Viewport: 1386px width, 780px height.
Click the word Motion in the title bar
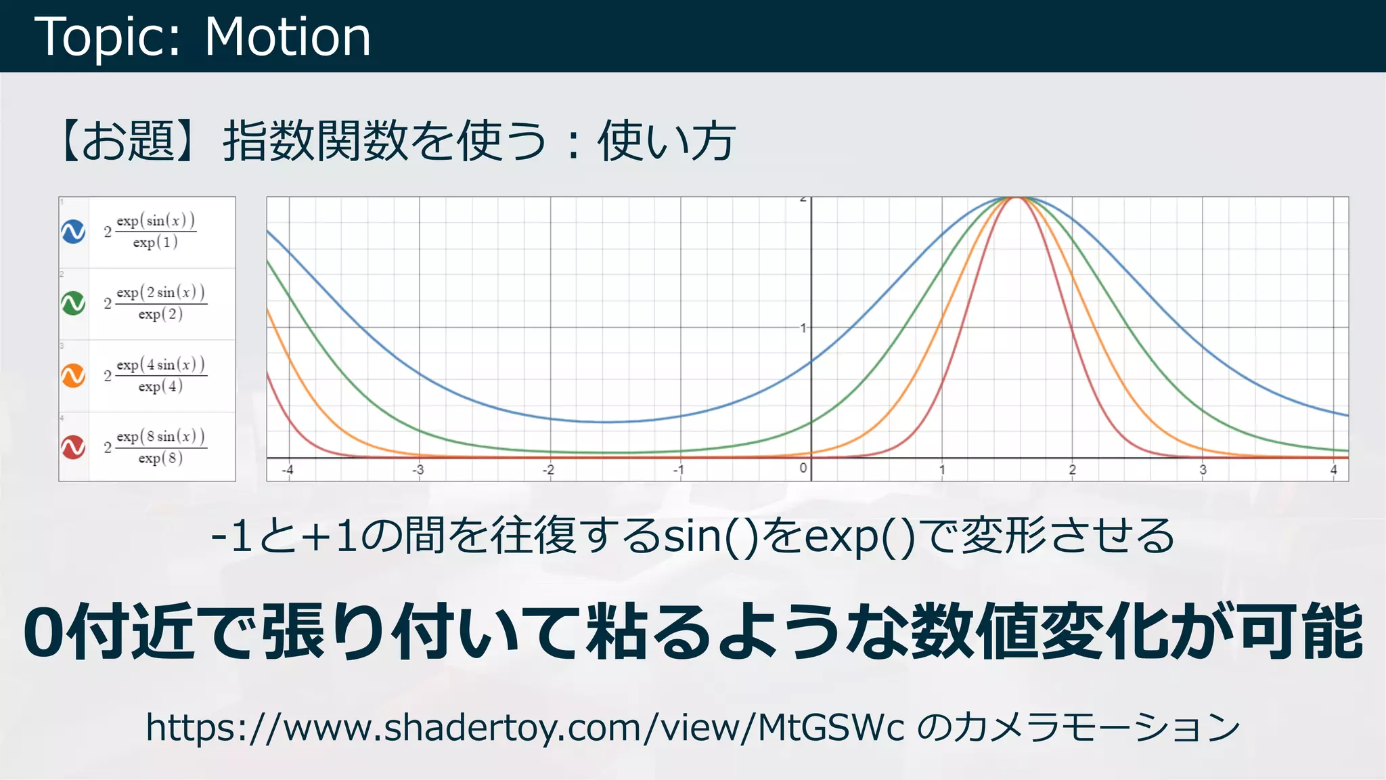288,37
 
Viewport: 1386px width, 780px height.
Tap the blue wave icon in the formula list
73,232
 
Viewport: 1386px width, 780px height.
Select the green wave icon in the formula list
73,303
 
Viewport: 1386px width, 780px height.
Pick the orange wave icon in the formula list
73,375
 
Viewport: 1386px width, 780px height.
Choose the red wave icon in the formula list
73,447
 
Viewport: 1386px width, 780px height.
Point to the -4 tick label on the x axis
288,470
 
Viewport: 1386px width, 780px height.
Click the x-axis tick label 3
1203,470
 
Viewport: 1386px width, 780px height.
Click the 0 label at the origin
803,468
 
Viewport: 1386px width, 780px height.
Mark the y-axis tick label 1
803,328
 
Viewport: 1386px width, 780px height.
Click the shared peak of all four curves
1016,198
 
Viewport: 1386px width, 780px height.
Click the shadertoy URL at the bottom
524,728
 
